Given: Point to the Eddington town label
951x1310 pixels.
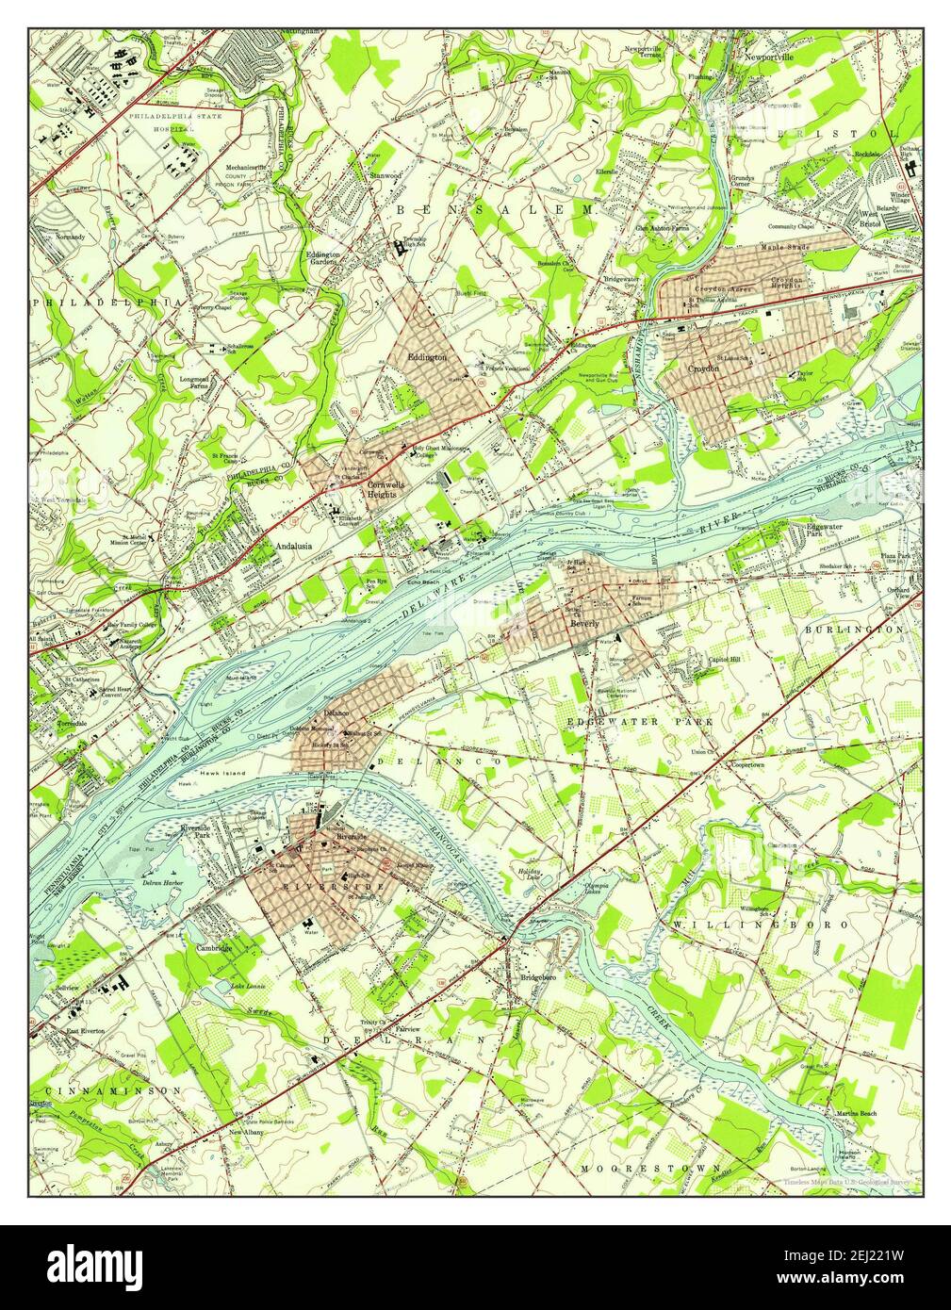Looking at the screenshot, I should coord(426,357).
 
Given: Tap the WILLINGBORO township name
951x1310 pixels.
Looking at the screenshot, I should coord(761,925).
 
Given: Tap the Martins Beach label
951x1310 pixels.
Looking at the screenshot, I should coord(855,1114).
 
